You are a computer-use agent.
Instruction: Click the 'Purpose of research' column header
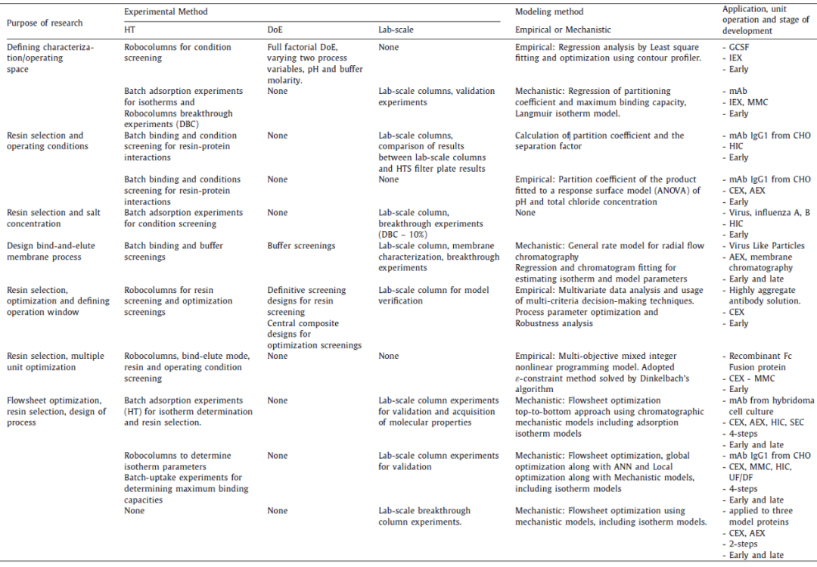pos(45,23)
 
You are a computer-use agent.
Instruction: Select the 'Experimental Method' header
pos(166,12)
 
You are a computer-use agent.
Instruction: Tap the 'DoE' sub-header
pos(276,30)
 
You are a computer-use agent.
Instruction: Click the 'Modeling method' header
pos(549,12)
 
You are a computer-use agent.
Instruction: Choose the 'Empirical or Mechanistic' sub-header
pos(563,30)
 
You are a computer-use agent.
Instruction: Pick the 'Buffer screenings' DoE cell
pos(303,246)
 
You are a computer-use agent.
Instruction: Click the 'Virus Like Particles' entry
pos(766,246)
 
